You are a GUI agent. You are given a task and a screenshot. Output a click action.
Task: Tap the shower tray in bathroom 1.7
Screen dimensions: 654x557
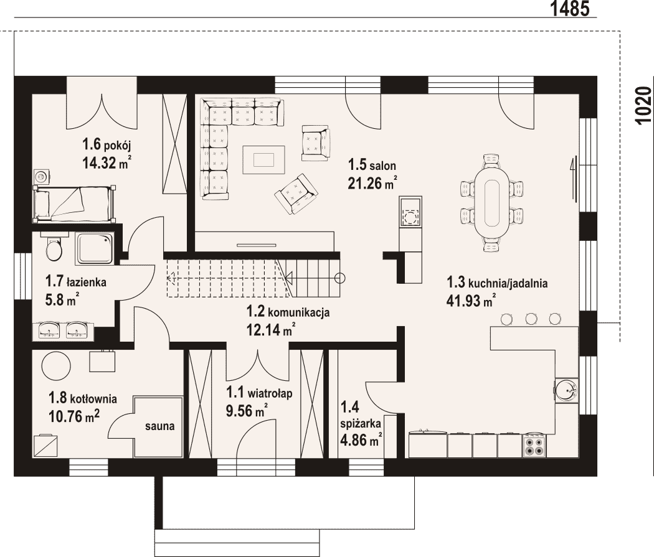click(94, 249)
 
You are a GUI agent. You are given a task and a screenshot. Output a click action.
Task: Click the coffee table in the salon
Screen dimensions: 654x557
click(263, 159)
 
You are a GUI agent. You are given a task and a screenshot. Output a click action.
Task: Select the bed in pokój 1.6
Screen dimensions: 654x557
click(74, 203)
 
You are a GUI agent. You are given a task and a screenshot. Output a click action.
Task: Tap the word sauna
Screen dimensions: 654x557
click(159, 426)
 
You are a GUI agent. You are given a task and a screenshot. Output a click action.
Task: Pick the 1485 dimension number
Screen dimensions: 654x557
click(570, 9)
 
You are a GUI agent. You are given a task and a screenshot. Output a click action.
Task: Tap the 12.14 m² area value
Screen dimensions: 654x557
click(271, 330)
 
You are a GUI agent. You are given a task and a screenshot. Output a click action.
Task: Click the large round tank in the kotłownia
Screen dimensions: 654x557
click(56, 365)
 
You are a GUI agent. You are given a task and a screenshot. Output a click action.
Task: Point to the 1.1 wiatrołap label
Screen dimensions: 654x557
click(259, 393)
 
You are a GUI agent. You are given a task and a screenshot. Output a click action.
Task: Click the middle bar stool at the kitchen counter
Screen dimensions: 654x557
click(531, 319)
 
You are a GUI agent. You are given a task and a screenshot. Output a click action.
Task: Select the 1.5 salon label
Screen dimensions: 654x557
click(372, 165)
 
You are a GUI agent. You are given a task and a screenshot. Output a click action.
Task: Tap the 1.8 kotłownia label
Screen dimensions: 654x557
click(83, 398)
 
